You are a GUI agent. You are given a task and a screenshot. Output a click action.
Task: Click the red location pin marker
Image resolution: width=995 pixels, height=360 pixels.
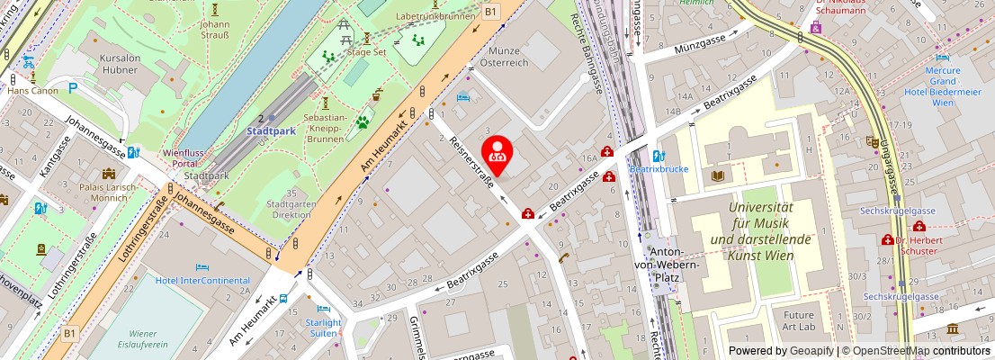[496, 152]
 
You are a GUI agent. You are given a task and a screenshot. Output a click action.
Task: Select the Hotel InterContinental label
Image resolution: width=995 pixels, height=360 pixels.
[202, 280]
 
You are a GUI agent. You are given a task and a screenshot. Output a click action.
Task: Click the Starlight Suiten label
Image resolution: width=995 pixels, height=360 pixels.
[323, 328]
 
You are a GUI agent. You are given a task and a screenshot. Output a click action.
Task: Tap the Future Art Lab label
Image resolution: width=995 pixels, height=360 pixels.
[798, 321]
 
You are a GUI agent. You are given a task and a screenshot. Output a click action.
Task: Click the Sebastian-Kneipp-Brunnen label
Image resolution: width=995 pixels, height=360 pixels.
[326, 128]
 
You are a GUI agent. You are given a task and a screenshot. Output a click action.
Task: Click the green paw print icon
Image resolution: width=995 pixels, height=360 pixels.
[364, 121]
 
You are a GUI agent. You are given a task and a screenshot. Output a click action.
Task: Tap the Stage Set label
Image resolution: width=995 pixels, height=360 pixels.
[366, 52]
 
